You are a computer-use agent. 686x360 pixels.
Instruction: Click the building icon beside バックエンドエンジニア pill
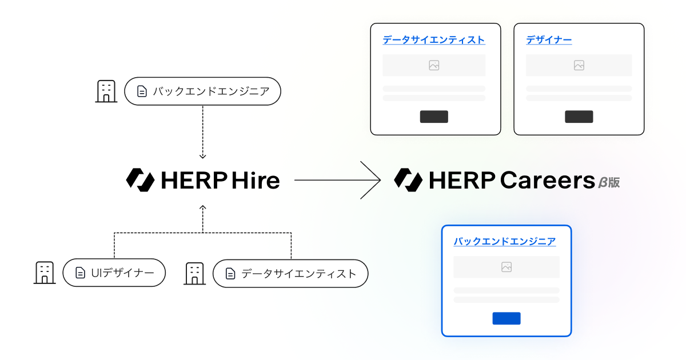[x=106, y=91]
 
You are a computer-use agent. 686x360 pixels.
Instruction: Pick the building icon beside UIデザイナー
[x=45, y=273]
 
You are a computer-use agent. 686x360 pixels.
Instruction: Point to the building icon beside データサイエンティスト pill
[x=194, y=273]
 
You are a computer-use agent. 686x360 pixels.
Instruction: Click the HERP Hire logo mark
[x=140, y=180]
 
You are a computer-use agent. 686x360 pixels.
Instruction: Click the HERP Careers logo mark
[x=408, y=180]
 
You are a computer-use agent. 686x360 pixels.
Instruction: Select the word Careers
[x=548, y=180]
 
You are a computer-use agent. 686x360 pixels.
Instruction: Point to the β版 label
[x=609, y=182]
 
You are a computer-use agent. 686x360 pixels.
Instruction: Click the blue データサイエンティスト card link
[x=433, y=40]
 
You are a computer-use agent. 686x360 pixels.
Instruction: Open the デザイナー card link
[x=549, y=40]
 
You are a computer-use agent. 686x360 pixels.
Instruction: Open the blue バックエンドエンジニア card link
[x=505, y=241]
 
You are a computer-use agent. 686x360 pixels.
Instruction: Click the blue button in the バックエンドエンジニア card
[x=506, y=318]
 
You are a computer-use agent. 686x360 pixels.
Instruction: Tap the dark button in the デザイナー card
[x=579, y=117]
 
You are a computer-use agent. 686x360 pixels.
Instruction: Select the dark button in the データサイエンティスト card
[x=434, y=117]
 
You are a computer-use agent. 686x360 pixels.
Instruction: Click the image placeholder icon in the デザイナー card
[x=579, y=65]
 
